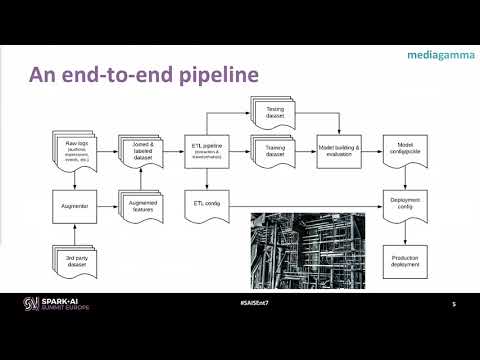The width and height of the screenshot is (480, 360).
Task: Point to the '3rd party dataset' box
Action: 67,263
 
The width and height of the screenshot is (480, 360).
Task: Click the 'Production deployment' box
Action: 404,262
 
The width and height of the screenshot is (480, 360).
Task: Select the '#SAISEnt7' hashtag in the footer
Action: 240,303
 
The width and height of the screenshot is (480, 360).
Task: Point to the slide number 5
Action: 453,304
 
